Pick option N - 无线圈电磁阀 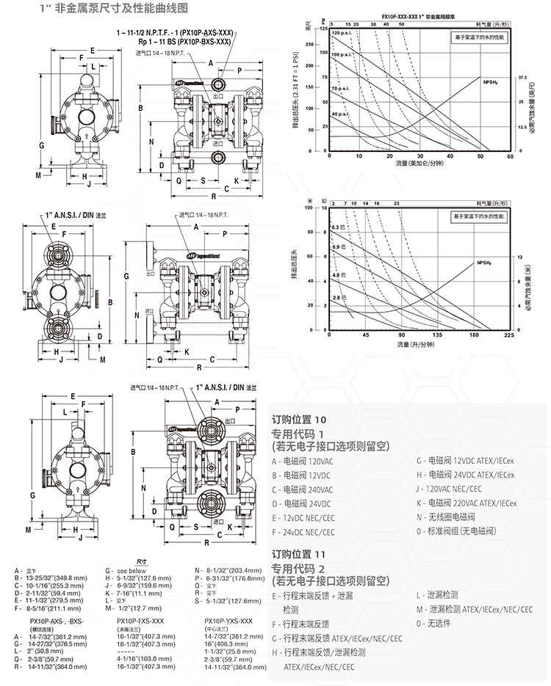tap(449, 517)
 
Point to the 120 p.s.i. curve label tap(342, 34)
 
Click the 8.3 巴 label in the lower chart tap(338, 227)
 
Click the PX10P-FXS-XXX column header tap(140, 621)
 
